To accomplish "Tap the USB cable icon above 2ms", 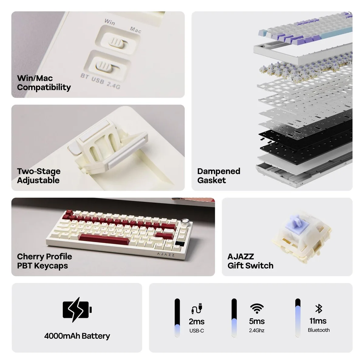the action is coord(197,308).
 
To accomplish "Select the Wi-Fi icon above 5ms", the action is coord(257,308).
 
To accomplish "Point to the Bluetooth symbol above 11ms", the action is coord(319,309).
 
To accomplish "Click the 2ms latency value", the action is coord(197,322).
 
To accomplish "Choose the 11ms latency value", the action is coord(318,321).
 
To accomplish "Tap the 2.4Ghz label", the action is coord(257,330).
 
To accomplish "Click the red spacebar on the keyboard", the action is coord(104,240).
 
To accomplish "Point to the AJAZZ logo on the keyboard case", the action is coord(166,254).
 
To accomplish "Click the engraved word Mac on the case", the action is coord(135,30).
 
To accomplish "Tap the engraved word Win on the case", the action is coord(110,22).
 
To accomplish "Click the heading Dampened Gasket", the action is coord(219,176).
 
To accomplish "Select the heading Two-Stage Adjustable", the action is coord(39,176).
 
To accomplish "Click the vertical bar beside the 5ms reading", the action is coord(234,318).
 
